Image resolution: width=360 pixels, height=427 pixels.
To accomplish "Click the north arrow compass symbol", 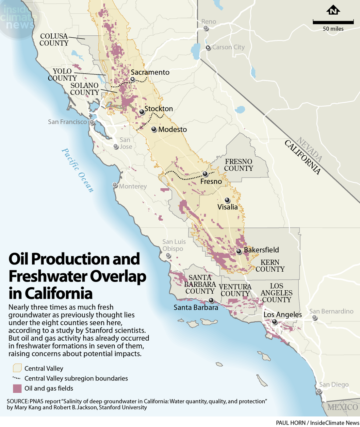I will [333, 11].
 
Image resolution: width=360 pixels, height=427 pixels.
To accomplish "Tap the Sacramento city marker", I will [133, 79].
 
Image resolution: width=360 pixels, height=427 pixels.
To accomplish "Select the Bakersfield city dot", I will [239, 251].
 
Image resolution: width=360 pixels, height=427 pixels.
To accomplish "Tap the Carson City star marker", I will [208, 48].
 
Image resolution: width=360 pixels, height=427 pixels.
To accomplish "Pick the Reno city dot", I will [206, 29].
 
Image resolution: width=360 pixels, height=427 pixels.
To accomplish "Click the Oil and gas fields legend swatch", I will [17, 388].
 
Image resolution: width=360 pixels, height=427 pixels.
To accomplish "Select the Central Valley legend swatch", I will [17, 368].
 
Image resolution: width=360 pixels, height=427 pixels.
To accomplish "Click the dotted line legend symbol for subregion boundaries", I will [17, 378].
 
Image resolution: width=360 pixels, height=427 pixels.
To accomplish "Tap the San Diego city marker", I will [319, 391].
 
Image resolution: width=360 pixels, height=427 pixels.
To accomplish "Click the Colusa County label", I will [54, 40].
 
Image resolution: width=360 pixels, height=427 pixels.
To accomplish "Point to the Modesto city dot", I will [154, 129].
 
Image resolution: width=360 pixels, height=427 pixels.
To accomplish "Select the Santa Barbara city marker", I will [211, 300].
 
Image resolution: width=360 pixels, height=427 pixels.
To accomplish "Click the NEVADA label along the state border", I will [309, 148].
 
